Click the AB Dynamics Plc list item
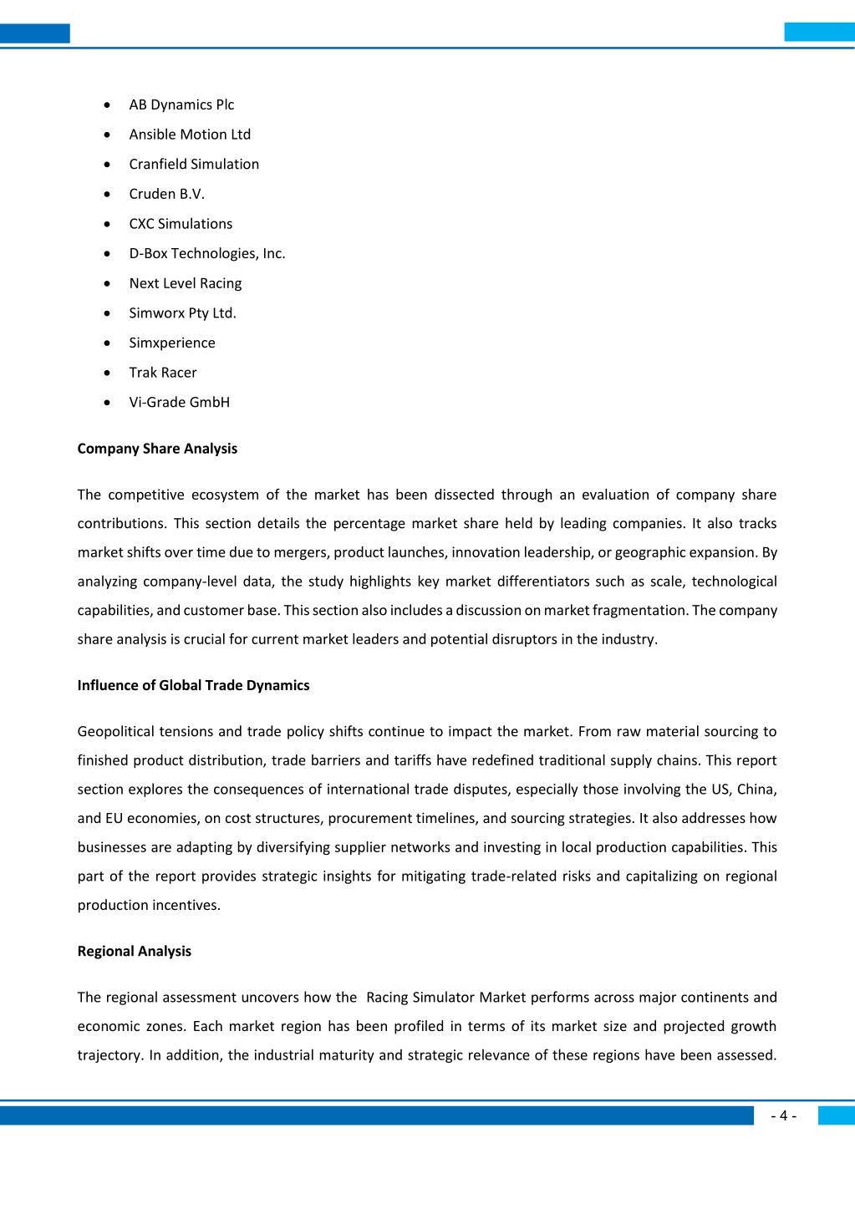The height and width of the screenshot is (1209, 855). click(181, 104)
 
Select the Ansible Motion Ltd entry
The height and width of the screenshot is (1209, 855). click(190, 135)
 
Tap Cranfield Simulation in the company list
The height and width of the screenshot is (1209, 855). click(194, 164)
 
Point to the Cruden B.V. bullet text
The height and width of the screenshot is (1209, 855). click(166, 194)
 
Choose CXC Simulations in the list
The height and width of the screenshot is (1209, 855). click(181, 224)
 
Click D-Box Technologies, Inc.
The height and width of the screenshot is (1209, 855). click(207, 253)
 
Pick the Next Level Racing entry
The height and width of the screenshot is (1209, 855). click(186, 283)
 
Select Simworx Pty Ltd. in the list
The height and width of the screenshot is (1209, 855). click(182, 312)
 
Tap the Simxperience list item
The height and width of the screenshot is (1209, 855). click(172, 343)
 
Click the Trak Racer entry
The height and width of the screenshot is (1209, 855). click(163, 373)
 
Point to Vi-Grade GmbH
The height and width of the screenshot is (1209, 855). click(179, 402)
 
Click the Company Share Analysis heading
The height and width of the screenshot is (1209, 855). click(157, 449)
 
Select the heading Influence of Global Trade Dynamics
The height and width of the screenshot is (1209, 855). click(193, 685)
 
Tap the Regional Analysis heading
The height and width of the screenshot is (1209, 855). click(134, 951)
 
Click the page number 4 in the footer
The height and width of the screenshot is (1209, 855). click(783, 1115)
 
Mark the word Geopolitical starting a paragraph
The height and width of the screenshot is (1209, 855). click(116, 732)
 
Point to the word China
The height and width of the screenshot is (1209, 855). click(756, 790)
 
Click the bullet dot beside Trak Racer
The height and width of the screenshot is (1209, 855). click(107, 373)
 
